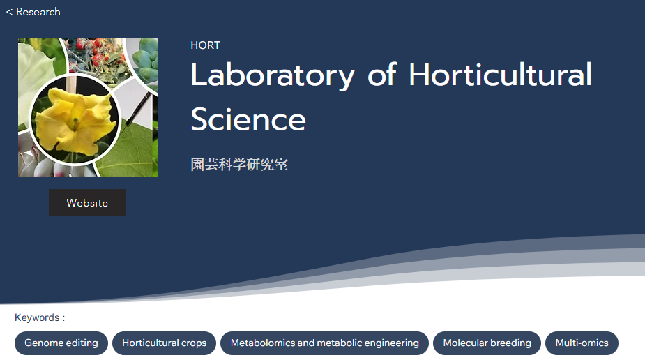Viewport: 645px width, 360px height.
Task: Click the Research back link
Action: tap(33, 12)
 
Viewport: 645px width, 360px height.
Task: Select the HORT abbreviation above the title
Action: tap(205, 45)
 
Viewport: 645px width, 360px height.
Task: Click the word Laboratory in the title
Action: tap(273, 75)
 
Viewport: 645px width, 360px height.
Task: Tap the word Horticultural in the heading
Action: tap(500, 75)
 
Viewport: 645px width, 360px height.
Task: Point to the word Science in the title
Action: tap(248, 119)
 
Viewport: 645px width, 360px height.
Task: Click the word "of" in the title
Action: tap(381, 75)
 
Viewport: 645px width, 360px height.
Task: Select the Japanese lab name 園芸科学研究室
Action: tap(239, 165)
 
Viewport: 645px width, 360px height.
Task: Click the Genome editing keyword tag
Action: tap(61, 343)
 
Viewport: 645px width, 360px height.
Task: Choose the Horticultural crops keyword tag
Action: tap(164, 343)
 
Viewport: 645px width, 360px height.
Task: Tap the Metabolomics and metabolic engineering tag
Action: tap(324, 343)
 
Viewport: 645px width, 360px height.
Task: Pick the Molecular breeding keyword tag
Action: tap(487, 343)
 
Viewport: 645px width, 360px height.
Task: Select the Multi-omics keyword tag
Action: tap(582, 343)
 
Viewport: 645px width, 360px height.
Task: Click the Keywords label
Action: tap(40, 317)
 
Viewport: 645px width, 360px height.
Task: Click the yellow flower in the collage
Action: tap(75, 119)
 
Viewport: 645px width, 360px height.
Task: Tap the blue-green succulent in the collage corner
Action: tap(146, 61)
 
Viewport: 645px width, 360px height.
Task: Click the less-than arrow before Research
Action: tap(9, 13)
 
